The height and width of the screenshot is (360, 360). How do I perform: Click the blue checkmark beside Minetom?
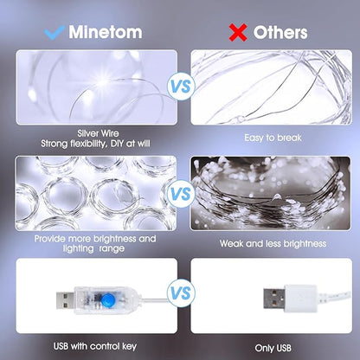(55, 32)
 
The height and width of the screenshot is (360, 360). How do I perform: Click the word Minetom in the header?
(108, 32)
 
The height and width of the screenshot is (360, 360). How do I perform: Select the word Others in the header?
(280, 32)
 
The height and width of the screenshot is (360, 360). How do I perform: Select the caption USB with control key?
(96, 346)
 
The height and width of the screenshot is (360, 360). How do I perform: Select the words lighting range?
(77, 249)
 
